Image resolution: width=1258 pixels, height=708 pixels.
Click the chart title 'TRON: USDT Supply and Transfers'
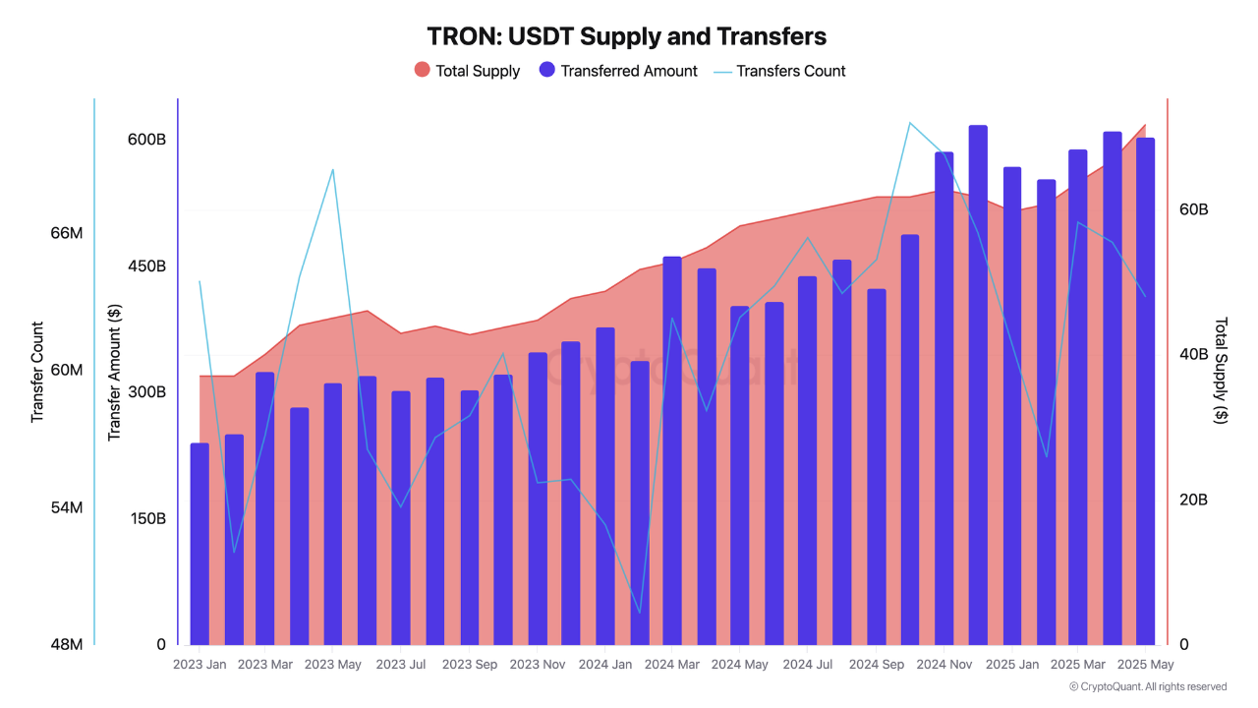[626, 36]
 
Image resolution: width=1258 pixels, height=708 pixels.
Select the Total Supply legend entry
[467, 71]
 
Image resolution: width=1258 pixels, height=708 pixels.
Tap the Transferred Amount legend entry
[618, 71]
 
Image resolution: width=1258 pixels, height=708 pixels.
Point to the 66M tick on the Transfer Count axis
[66, 233]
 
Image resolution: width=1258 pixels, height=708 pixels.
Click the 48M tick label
[66, 644]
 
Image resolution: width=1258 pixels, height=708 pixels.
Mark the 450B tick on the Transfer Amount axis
[146, 266]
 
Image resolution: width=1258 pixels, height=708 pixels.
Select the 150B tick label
[146, 518]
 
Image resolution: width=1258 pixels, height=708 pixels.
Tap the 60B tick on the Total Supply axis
[1193, 209]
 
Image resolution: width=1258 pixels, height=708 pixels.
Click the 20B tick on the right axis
[1193, 500]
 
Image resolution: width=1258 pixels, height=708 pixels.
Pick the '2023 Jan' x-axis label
[200, 665]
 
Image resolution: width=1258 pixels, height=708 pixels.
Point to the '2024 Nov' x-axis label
[943, 665]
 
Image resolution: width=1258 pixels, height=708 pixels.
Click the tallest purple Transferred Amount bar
[978, 384]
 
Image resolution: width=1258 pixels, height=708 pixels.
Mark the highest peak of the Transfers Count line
[909, 123]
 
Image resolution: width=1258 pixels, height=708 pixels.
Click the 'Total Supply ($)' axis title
[1221, 370]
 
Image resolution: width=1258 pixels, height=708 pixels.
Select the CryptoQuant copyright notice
[1147, 686]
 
